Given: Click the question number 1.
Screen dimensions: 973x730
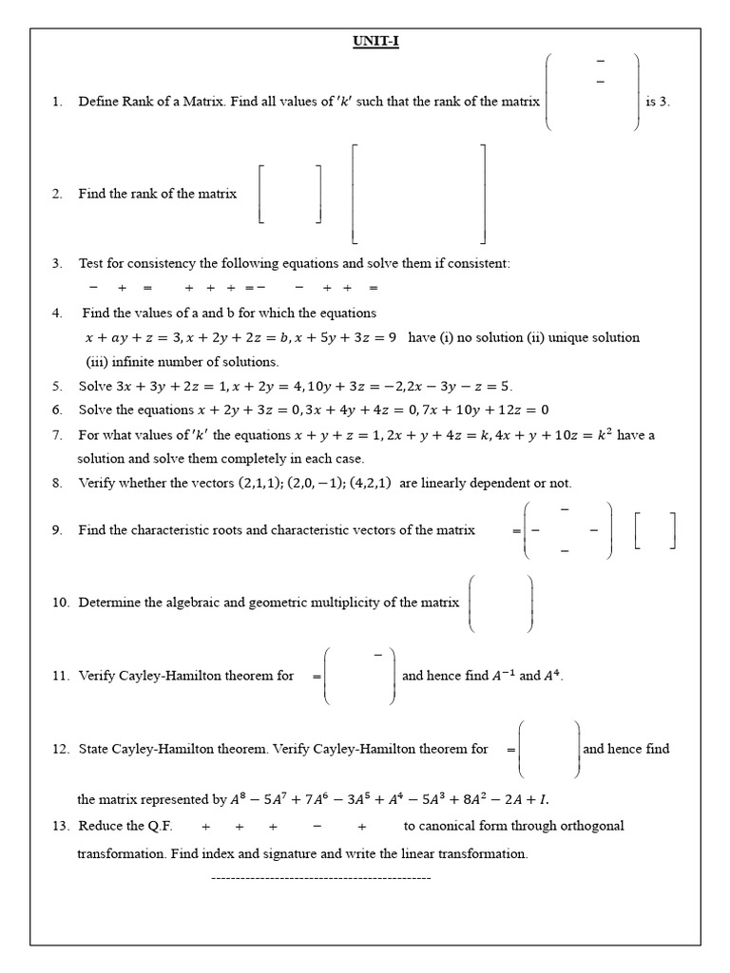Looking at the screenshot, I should point(56,102).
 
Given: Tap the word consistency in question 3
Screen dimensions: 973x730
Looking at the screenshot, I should point(163,263).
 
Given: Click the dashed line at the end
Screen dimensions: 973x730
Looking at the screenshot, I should point(320,878).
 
